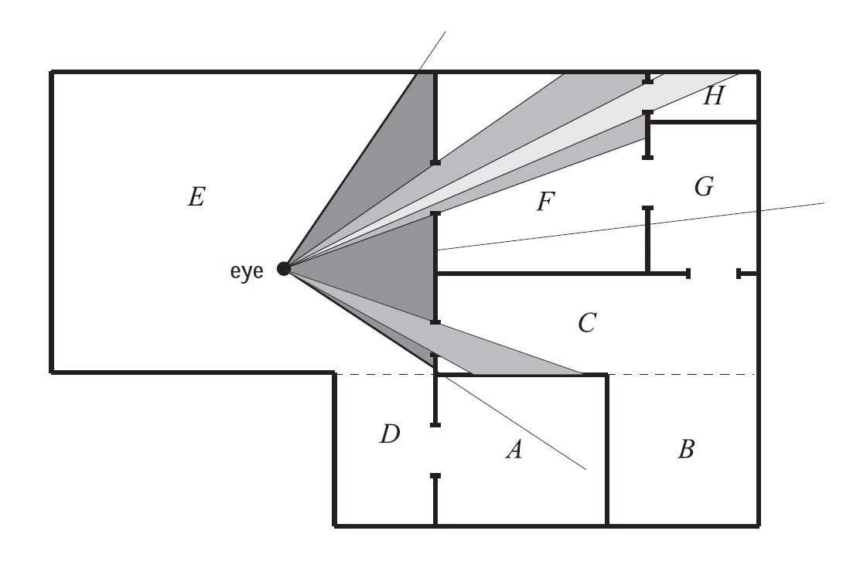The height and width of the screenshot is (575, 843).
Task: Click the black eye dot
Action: pyautogui.click(x=284, y=268)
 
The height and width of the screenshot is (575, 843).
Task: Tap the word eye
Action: pyautogui.click(x=247, y=271)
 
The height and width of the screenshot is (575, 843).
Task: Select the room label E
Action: pyautogui.click(x=196, y=198)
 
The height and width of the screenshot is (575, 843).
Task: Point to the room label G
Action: pyautogui.click(x=704, y=186)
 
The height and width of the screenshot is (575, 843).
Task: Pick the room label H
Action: pyautogui.click(x=713, y=97)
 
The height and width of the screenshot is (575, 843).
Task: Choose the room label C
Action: pyautogui.click(x=586, y=322)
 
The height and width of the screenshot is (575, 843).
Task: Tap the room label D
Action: pyautogui.click(x=390, y=435)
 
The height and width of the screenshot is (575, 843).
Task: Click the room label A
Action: pyautogui.click(x=514, y=449)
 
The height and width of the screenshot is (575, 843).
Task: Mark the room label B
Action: pyautogui.click(x=686, y=449)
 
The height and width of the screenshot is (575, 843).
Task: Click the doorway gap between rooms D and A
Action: pyautogui.click(x=435, y=450)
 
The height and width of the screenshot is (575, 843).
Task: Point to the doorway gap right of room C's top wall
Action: pyautogui.click(x=714, y=273)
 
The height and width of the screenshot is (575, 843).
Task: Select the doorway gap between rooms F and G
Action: pyautogui.click(x=648, y=183)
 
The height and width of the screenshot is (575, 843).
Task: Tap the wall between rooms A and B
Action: pyautogui.click(x=607, y=448)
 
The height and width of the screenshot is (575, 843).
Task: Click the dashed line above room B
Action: pyautogui.click(x=681, y=374)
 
